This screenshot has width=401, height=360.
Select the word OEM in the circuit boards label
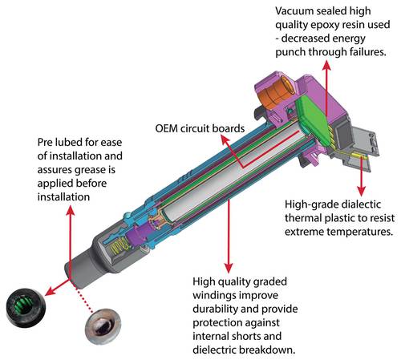166,128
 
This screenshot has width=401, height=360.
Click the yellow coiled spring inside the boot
119,246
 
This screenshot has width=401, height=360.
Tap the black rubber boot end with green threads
25,307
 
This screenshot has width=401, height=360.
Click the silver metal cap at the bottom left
103,326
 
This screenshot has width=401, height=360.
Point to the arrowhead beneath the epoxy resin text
326,65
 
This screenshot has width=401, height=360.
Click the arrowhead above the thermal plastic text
362,191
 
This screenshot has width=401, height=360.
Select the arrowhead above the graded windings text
229,268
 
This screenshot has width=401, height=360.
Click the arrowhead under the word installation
71,210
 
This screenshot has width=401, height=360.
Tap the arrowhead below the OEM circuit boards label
225,140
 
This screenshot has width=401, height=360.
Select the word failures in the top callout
368,52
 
